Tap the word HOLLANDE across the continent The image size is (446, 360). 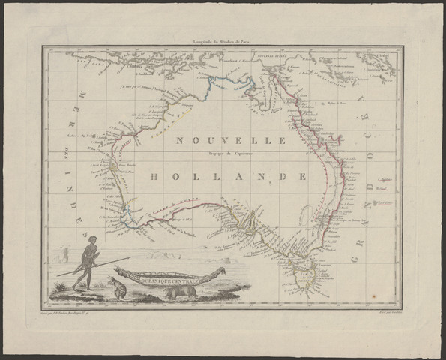(227, 177)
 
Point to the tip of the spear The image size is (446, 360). (130, 258)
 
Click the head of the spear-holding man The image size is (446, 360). (92, 240)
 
